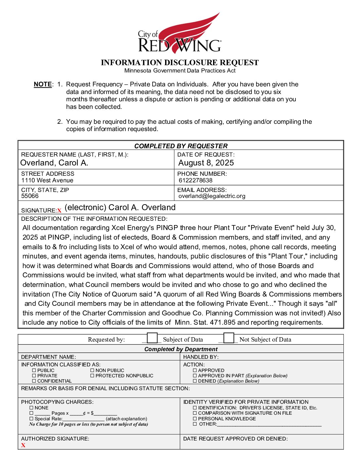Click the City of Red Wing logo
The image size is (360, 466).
coord(180,34)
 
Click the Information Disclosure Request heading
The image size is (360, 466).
coord(180,63)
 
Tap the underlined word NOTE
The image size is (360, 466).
coord(43,84)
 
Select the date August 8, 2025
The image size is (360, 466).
coord(206,163)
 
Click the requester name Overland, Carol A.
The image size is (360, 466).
coord(54,163)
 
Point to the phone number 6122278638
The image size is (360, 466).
coord(196,180)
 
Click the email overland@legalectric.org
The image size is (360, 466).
coord(212,196)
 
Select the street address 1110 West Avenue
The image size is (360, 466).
coord(47,180)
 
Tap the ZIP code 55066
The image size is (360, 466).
coord(30,196)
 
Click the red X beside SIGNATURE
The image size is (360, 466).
coord(59,210)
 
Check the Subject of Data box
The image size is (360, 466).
coord(152,338)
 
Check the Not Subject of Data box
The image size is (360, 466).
coord(229,338)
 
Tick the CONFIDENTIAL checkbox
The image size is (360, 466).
coord(34,381)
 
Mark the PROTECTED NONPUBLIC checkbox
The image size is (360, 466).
coord(92,376)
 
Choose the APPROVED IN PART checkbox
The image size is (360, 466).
coord(195,376)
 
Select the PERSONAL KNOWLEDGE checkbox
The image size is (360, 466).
coord(195,419)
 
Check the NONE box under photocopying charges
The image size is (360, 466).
coord(31,408)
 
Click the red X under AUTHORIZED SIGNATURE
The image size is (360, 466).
coord(23,445)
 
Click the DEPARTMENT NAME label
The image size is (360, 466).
coord(48,357)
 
